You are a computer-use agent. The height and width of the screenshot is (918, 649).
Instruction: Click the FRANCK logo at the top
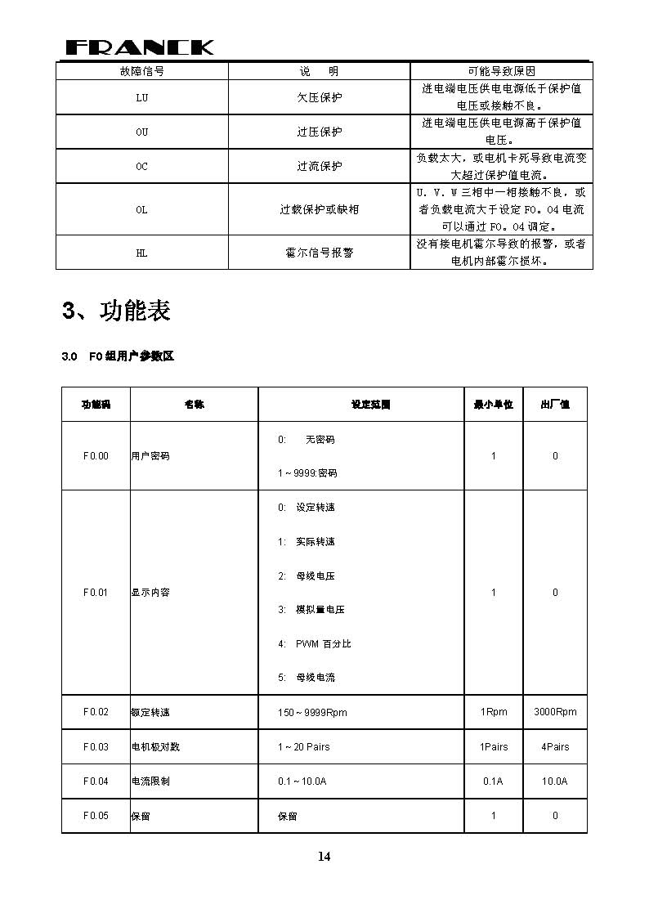pyautogui.click(x=139, y=47)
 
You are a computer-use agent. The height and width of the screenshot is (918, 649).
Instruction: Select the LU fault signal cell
pyautogui.click(x=141, y=97)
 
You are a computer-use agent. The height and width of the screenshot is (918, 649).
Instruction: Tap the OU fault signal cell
pyautogui.click(x=141, y=132)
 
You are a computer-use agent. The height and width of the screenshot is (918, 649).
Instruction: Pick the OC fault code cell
pyautogui.click(x=141, y=166)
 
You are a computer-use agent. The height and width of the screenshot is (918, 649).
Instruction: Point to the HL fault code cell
pyautogui.click(x=141, y=253)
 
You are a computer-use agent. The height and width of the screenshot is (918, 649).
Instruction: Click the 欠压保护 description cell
pyautogui.click(x=319, y=97)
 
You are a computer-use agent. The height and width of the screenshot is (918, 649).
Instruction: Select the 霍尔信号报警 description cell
pyautogui.click(x=319, y=253)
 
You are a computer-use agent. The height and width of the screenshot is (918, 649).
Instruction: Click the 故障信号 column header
pyautogui.click(x=141, y=71)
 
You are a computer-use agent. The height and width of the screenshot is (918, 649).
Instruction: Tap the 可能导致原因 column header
pyautogui.click(x=501, y=71)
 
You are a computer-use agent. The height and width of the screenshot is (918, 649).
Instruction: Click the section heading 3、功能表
pyautogui.click(x=116, y=311)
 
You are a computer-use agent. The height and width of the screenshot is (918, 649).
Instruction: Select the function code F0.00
pyautogui.click(x=96, y=456)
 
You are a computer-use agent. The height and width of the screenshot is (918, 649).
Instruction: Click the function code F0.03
pyautogui.click(x=96, y=747)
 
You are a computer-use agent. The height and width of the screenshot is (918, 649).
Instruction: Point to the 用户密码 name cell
pyautogui.click(x=151, y=456)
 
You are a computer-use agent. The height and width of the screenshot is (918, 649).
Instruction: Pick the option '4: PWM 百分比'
pyautogui.click(x=314, y=644)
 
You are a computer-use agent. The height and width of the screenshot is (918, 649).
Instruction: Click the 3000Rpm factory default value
pyautogui.click(x=555, y=712)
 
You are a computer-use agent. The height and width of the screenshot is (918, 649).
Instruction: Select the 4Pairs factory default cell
pyautogui.click(x=555, y=747)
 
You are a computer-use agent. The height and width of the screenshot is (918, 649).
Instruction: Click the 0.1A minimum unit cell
pyautogui.click(x=493, y=781)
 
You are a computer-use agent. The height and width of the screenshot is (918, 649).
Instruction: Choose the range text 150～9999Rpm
pyautogui.click(x=312, y=713)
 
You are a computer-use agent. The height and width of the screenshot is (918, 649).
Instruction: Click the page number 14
pyautogui.click(x=324, y=857)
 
